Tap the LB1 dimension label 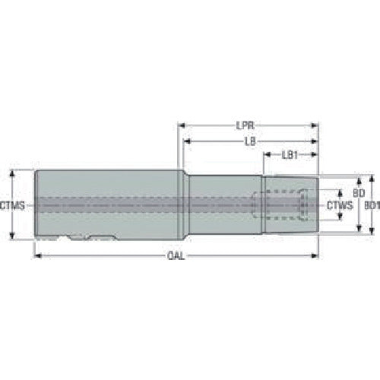(290, 155)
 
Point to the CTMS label (12, 205)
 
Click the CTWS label (339, 205)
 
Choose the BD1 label (370, 205)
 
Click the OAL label (175, 258)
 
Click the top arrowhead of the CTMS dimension (13, 172)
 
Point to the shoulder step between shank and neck (183, 205)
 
